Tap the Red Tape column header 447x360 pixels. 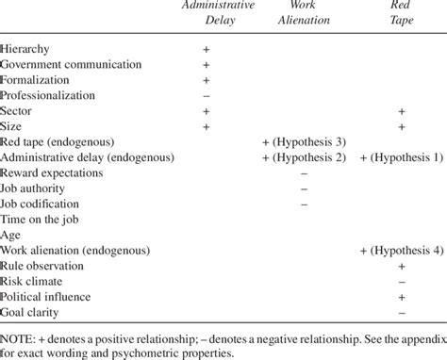click(x=401, y=16)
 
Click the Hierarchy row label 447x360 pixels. click(x=26, y=48)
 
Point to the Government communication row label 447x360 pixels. click(x=71, y=64)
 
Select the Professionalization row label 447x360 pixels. click(x=49, y=95)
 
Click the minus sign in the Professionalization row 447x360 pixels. click(x=207, y=95)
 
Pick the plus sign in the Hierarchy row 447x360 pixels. click(x=207, y=48)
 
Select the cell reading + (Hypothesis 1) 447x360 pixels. click(x=401, y=157)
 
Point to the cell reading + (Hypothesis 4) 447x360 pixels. click(x=401, y=251)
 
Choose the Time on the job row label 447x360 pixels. click(x=41, y=220)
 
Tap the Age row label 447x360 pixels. click(x=10, y=236)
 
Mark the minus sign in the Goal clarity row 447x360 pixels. click(x=401, y=313)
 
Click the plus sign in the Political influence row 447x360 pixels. click(x=401, y=298)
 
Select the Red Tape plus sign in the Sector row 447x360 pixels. click(x=401, y=110)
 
